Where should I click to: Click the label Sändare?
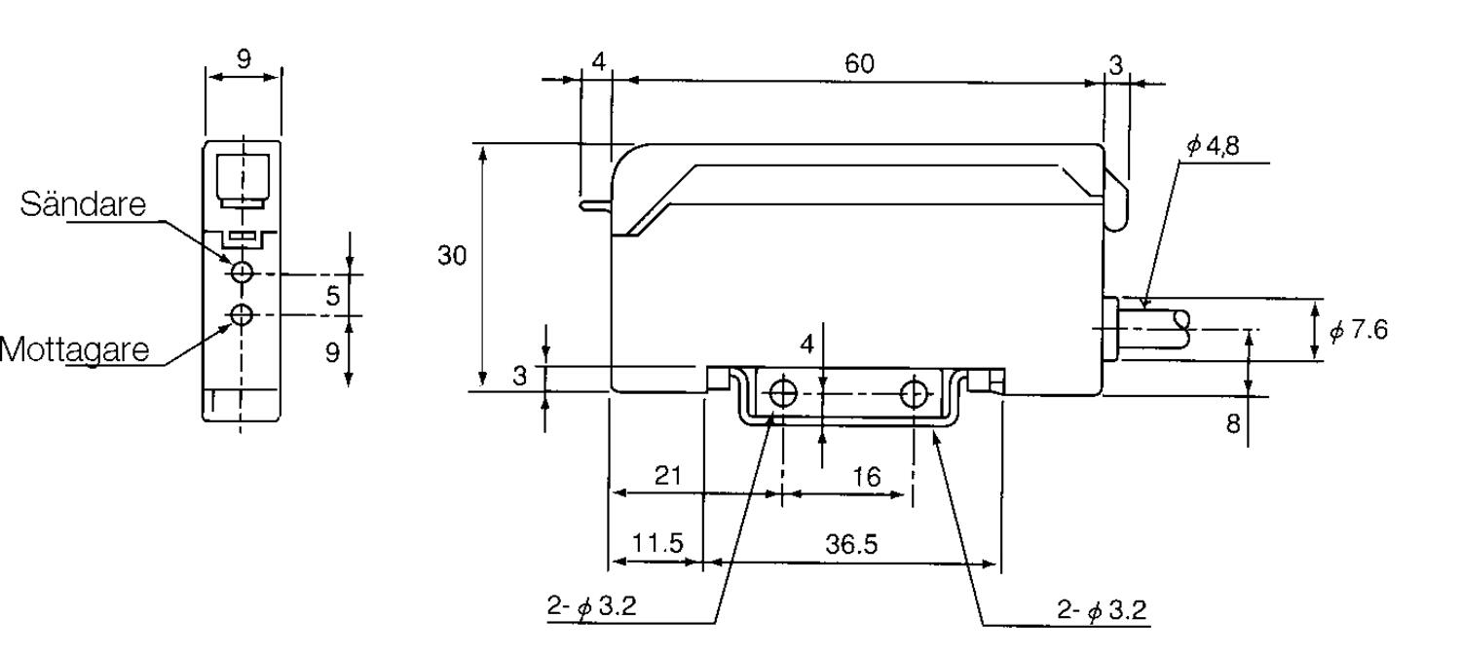[83, 204]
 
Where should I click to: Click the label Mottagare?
[74, 349]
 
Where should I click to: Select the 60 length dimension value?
[859, 64]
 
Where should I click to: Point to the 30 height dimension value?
[452, 256]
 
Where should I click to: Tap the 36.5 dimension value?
[851, 545]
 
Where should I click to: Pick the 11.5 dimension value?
[656, 544]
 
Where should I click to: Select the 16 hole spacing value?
[865, 477]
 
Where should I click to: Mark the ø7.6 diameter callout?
[1358, 330]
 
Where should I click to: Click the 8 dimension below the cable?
[1233, 424]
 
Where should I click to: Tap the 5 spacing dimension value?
[333, 296]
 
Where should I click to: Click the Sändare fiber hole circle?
[242, 271]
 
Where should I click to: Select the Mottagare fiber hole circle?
[242, 314]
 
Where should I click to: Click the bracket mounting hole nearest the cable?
[914, 393]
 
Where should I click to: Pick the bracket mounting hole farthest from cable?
[782, 393]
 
